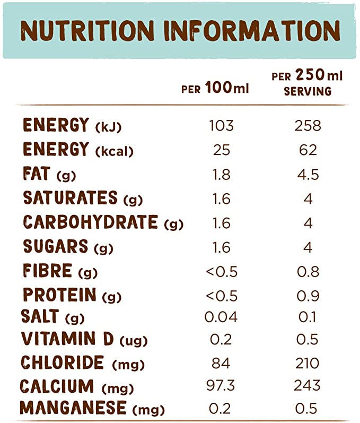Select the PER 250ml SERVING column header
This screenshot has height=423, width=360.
click(x=308, y=83)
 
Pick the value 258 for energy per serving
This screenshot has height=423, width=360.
click(x=308, y=126)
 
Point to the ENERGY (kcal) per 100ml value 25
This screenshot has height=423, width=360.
click(x=221, y=150)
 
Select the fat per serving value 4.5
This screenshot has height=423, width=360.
click(x=308, y=175)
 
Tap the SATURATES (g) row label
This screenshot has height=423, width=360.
click(x=79, y=198)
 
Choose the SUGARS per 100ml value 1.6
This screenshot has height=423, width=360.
click(x=221, y=248)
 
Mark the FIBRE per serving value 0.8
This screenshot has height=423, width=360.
click(x=308, y=272)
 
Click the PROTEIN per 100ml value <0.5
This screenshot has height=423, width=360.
click(x=221, y=296)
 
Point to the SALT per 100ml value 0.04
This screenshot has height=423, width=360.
click(x=221, y=317)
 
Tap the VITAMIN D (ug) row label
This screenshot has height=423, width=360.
click(x=83, y=339)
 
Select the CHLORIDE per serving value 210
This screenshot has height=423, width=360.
click(x=308, y=364)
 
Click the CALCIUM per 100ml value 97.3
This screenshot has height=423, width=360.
click(x=221, y=386)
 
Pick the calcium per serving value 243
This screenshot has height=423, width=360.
click(x=308, y=386)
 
